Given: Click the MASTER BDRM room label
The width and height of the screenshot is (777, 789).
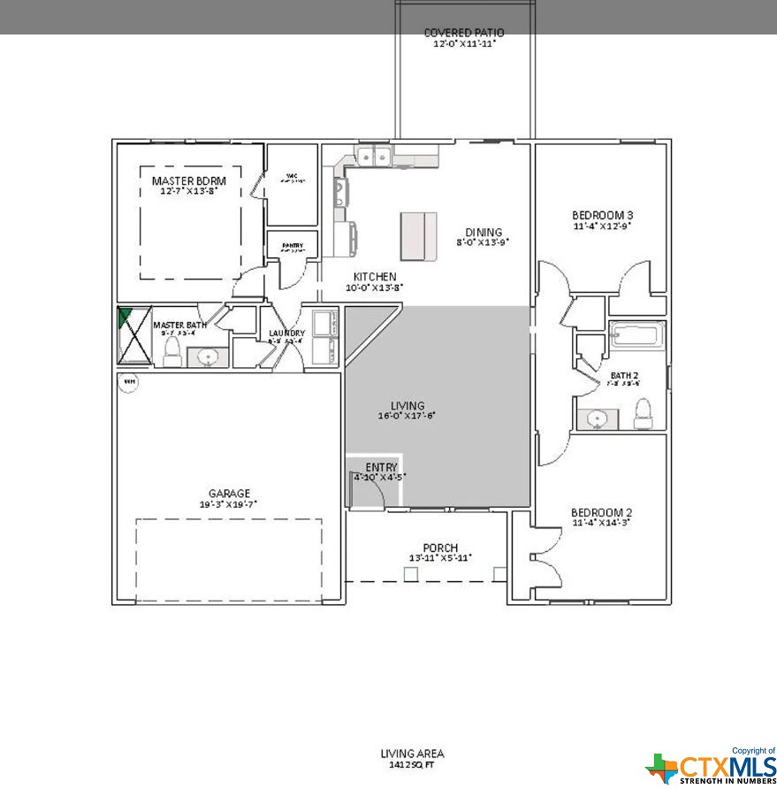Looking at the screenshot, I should tap(183, 180).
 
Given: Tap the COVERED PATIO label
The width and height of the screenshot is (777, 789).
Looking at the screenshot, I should tap(464, 33).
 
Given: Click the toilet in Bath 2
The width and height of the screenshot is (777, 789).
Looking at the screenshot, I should tap(643, 412).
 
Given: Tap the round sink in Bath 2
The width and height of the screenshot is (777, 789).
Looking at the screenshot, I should tap(592, 417).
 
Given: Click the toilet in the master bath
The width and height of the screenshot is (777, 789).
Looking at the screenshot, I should tap(171, 352).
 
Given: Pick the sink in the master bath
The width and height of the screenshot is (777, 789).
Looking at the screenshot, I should tap(208, 357).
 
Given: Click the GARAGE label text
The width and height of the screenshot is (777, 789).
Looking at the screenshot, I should tap(229, 494).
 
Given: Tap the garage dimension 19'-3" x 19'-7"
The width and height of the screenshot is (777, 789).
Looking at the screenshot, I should tap(228, 504).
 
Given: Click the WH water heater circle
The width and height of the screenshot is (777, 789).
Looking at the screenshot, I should tap(129, 381).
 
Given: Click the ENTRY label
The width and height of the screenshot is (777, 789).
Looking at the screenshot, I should tap(381, 467).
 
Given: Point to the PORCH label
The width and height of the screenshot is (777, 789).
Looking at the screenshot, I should tap(440, 548).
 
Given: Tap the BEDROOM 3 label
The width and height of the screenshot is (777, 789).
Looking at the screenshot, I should tap(602, 215).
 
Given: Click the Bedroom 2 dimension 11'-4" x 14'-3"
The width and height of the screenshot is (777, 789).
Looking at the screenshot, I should tap(601, 524).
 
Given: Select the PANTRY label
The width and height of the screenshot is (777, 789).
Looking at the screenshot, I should tap(293, 246).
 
